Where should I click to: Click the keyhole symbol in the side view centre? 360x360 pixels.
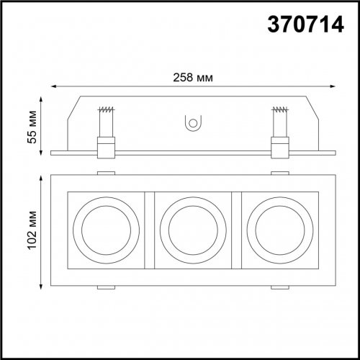pyautogui.click(x=192, y=125)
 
